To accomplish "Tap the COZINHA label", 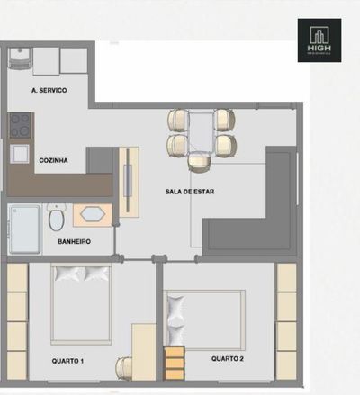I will [55, 160].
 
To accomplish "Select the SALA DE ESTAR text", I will [189, 192].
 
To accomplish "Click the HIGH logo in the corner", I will [319, 40].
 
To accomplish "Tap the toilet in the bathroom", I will [56, 217].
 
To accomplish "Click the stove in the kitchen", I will [20, 125].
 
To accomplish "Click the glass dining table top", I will [200, 132].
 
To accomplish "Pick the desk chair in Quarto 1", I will [123, 367].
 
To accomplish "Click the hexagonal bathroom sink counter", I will [92, 215].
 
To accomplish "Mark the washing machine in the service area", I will [20, 59].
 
